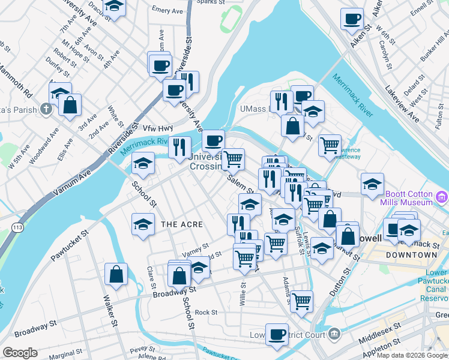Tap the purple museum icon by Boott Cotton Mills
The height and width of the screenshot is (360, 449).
[442, 197]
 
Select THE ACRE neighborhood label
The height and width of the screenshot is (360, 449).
[182, 224]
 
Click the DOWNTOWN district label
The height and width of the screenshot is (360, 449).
[411, 255]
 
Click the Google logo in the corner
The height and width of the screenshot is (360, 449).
[20, 353]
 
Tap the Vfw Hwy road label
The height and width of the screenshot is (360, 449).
[157, 128]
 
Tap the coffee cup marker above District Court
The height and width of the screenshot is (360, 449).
[277, 335]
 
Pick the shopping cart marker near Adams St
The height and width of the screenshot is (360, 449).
[301, 301]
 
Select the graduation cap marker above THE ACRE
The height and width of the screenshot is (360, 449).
[143, 224]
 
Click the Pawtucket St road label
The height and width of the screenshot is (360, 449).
[70, 246]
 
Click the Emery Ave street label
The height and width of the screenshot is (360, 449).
[167, 10]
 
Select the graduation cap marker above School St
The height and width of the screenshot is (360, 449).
[143, 163]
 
